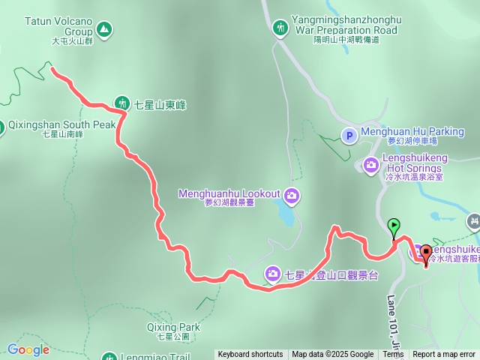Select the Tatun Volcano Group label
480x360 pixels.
coord(59,26)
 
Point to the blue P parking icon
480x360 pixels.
coord(349,136)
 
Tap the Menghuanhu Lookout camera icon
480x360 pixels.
coord(291,196)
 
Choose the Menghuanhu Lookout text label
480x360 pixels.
coord(229,193)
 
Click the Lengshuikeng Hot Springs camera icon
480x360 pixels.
coord(370,163)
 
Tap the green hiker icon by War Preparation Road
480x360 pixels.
coord(280,28)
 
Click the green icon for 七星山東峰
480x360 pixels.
coord(122,103)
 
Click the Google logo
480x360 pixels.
coord(28,349)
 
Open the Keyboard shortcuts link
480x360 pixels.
coord(250,355)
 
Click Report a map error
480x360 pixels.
coord(444,355)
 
